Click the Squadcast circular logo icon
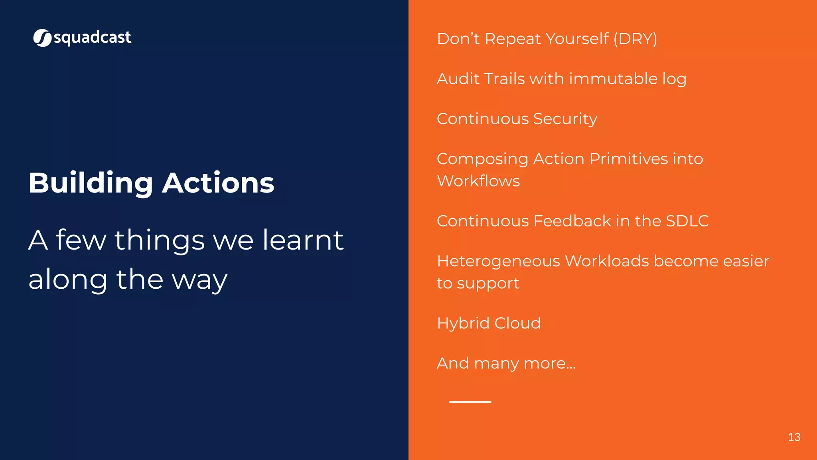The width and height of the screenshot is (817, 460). pyautogui.click(x=42, y=38)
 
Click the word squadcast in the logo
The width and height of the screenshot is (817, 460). pyautogui.click(x=92, y=38)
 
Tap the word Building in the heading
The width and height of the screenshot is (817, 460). pyautogui.click(x=91, y=183)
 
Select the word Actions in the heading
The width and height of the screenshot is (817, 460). pyautogui.click(x=218, y=183)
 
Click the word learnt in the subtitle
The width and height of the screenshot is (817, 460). pyautogui.click(x=303, y=240)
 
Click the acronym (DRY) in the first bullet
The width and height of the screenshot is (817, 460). pyautogui.click(x=635, y=39)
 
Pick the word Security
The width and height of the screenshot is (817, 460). pyautogui.click(x=565, y=119)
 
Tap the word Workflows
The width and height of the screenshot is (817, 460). pyautogui.click(x=478, y=181)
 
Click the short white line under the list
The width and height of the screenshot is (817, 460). pyautogui.click(x=470, y=402)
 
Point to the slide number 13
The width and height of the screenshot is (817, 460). pyautogui.click(x=794, y=437)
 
